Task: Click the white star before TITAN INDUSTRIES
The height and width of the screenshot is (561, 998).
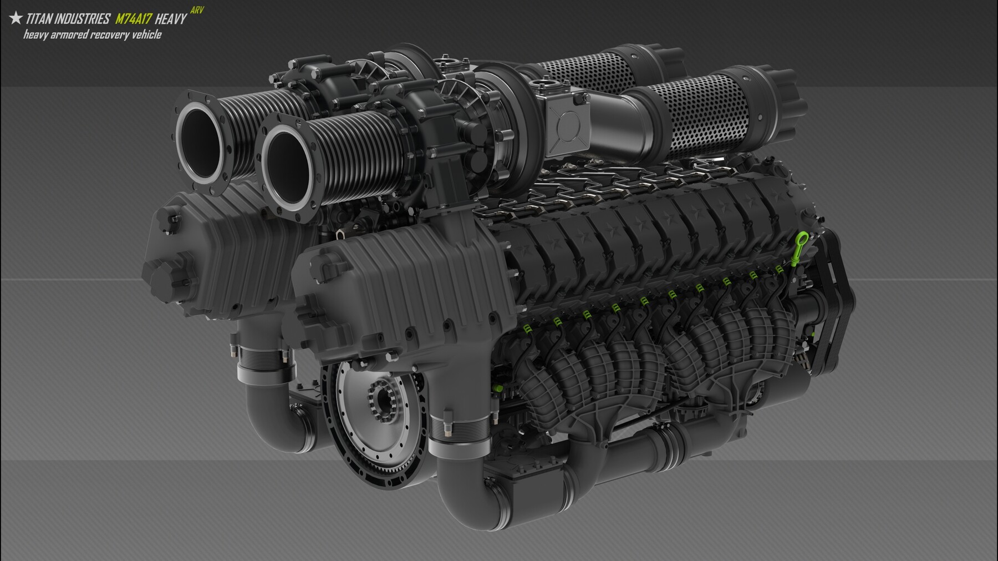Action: [16, 18]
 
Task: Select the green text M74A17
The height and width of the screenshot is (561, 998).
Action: [133, 19]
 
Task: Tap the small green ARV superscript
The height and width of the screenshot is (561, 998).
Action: [196, 11]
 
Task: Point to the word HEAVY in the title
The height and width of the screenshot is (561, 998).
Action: [171, 19]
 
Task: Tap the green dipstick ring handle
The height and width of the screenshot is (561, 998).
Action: [803, 240]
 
